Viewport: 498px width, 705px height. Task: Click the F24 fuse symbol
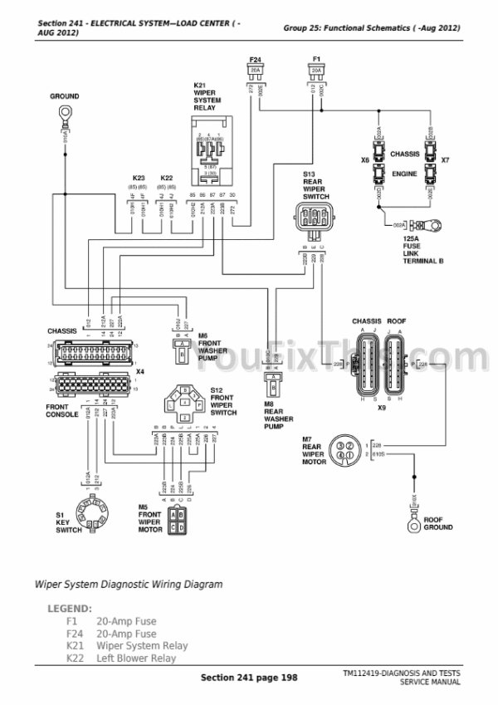click(x=256, y=71)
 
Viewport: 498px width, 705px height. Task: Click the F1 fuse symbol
click(x=315, y=71)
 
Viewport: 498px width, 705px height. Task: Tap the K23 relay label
click(x=139, y=178)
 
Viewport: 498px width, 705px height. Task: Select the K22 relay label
click(x=166, y=178)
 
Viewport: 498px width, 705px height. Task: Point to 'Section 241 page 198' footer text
click(x=249, y=678)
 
